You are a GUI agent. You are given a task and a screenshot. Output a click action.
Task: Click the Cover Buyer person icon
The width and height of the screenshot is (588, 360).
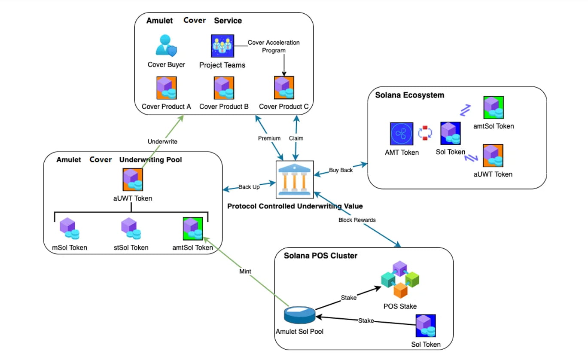166,46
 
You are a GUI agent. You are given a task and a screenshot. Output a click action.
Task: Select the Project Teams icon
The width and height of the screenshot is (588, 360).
222,46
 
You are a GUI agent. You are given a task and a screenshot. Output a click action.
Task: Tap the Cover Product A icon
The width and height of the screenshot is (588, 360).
166,88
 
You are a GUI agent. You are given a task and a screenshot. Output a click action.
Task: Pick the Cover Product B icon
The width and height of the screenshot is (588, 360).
224,88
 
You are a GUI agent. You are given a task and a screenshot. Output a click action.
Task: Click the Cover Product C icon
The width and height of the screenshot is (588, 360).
284,88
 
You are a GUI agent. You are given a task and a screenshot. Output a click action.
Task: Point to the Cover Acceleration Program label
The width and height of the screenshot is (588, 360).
274,46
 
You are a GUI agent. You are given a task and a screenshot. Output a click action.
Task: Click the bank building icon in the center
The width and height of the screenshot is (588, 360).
295,179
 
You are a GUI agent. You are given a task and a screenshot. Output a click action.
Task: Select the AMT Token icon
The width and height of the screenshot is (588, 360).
402,134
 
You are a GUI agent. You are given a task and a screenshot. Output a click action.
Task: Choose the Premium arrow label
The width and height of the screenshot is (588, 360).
269,138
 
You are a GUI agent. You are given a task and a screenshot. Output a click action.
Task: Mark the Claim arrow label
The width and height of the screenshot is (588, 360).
296,138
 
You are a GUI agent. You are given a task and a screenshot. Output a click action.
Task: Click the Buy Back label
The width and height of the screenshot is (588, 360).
341,170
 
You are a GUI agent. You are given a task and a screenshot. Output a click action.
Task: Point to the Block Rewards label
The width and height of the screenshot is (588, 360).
357,220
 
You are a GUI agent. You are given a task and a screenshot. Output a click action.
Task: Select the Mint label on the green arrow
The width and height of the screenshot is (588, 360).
246,272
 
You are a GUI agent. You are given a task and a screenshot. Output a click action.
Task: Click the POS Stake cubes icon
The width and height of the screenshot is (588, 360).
400,279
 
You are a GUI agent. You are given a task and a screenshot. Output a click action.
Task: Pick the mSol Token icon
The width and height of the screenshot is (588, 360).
69,228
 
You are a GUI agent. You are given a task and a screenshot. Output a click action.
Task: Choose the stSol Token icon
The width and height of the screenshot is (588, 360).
129,228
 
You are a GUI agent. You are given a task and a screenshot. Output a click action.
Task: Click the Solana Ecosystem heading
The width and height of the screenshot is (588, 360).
409,95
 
